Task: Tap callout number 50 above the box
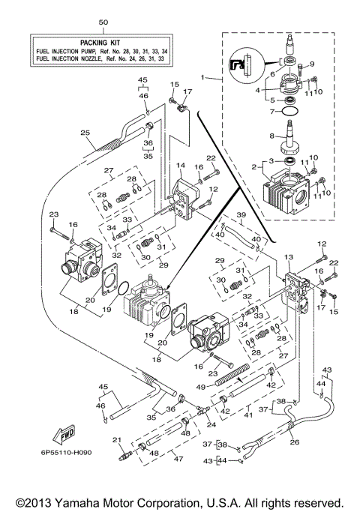[x=103, y=24]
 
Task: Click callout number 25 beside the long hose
[x=85, y=133]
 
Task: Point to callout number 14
[x=181, y=164]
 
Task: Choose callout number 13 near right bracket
[x=289, y=257]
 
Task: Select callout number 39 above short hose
[x=241, y=215]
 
